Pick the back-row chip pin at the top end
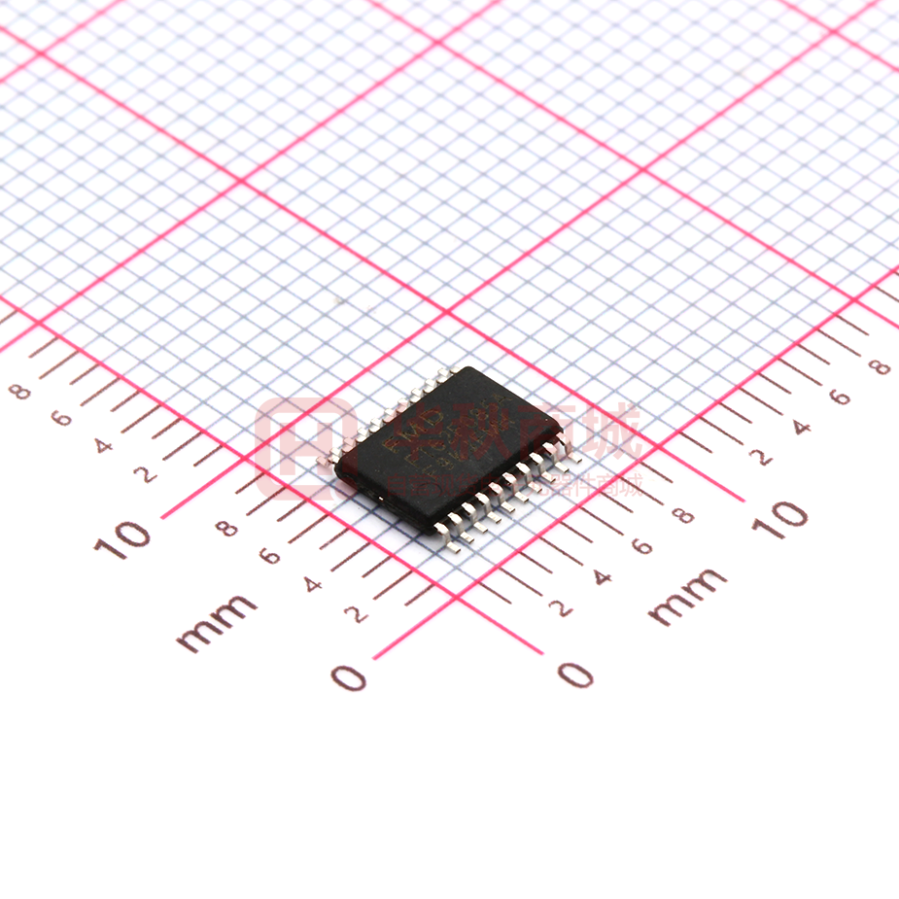click(x=448, y=371)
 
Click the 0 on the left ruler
click(x=349, y=676)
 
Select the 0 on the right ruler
click(x=575, y=674)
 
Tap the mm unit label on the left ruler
click(x=217, y=622)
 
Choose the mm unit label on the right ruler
click(x=687, y=596)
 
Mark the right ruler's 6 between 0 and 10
click(x=642, y=546)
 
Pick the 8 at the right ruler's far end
click(x=881, y=366)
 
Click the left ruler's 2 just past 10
click(x=147, y=474)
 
